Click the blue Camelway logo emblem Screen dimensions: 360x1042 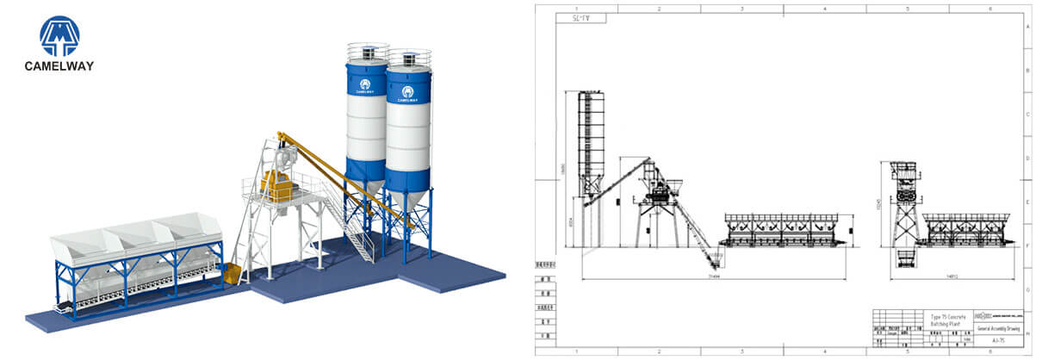(59, 35)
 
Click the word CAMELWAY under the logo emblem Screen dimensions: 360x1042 (59, 66)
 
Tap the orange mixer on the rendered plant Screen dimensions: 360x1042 (276, 184)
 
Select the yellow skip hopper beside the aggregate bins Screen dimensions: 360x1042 (232, 274)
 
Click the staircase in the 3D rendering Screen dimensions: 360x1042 (349, 226)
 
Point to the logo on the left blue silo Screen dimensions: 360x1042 (365, 84)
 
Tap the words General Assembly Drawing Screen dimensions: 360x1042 (999, 328)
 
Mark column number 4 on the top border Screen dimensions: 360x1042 (824, 8)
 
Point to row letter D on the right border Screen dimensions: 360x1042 (1027, 158)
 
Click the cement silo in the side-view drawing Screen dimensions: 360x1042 (591, 138)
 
